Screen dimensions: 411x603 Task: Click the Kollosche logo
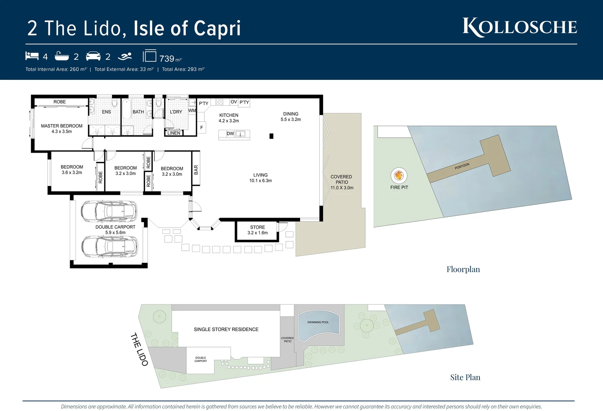pos(520,27)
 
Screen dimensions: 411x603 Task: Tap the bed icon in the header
pos(32,56)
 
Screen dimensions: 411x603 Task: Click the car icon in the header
pos(93,56)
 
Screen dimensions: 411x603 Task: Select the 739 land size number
pos(167,59)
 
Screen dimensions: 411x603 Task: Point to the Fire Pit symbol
pos(399,175)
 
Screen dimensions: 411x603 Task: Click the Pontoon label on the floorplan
pos(462,166)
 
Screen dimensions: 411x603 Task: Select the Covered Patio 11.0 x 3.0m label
pos(342,182)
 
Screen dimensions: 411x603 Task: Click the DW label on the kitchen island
pos(230,134)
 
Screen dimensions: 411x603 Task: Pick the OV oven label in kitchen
pos(234,102)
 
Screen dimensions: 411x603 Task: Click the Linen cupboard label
pos(174,133)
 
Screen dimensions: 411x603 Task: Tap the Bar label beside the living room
pos(196,169)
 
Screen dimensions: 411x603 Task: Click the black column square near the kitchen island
pos(271,136)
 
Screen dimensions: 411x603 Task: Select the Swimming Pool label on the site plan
pos(318,322)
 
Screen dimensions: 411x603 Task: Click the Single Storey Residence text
pos(226,329)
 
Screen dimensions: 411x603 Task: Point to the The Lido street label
pos(139,349)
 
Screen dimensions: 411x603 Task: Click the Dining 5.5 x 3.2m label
pos(291,116)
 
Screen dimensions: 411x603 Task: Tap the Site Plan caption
pos(465,377)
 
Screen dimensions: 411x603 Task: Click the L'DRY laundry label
pos(176,112)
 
